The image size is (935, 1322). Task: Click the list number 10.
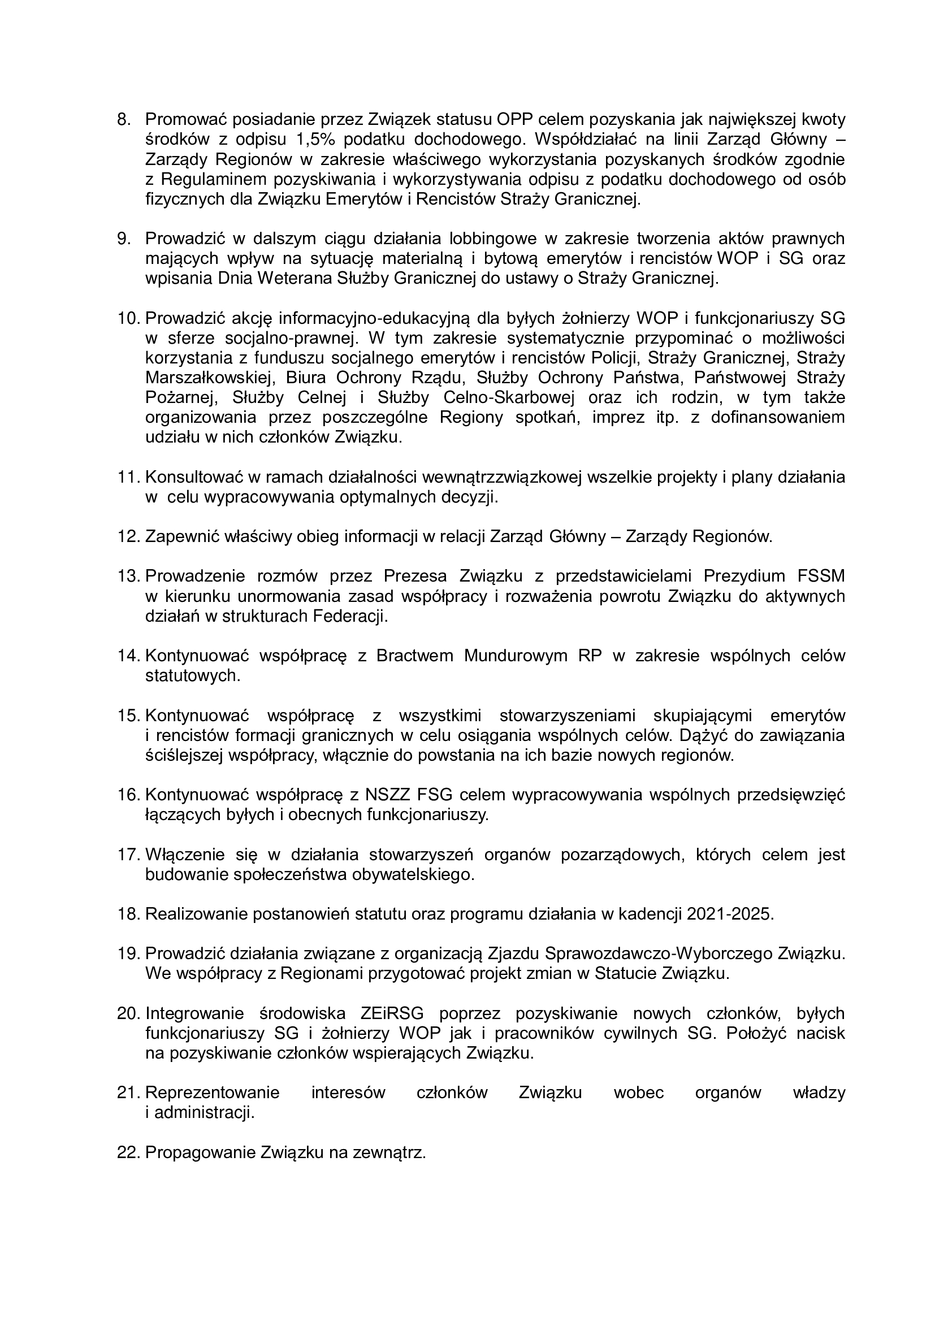[128, 318]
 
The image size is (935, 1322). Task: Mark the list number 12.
[128, 536]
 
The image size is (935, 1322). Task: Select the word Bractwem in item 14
[414, 656]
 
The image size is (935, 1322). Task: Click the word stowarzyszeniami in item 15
[567, 716]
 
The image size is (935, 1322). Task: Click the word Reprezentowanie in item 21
[212, 1093]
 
